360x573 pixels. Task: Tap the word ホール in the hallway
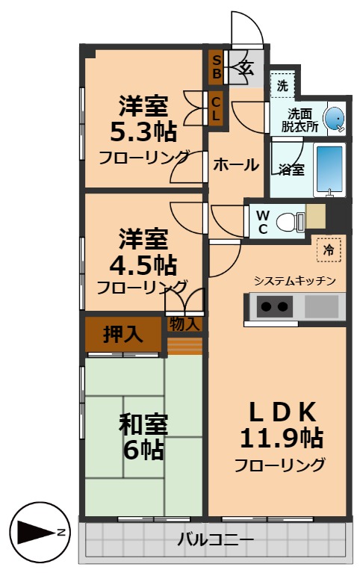pos(236,166)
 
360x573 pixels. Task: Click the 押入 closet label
pos(122,334)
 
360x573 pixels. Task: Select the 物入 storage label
pos(184,324)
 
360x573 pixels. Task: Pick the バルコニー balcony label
pos(216,539)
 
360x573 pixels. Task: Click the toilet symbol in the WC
pos(287,221)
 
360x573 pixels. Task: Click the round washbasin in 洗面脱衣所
pos(335,117)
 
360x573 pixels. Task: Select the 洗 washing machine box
pos(282,86)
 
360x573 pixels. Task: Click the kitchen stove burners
pos(273,306)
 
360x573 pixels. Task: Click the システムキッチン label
pos(294,281)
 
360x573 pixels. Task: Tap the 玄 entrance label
pos(246,68)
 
